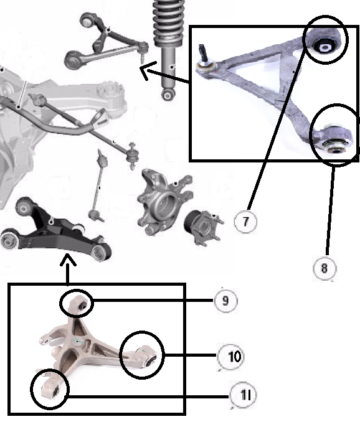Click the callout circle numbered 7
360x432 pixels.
pos(245,222)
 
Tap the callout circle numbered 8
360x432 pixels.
pos(324,268)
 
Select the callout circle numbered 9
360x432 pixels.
pos(225,301)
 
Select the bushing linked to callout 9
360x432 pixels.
pos(82,305)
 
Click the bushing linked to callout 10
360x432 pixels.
pos(151,360)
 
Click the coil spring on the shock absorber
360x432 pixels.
pos(168,22)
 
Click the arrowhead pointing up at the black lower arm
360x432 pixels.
pos(68,260)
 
